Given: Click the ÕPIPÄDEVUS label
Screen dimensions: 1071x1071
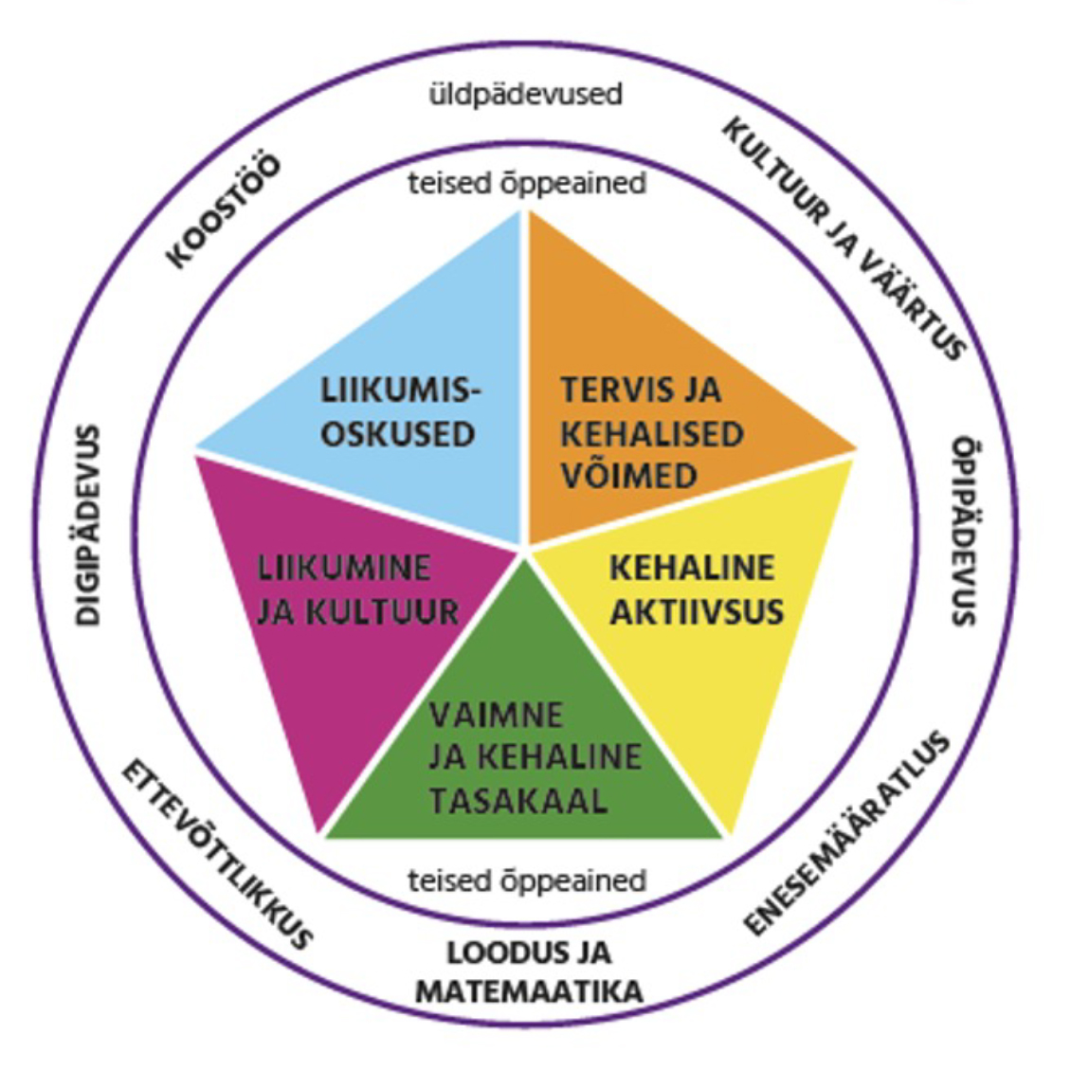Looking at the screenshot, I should point(963,530).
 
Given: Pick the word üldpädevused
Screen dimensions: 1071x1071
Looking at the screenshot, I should point(525,95).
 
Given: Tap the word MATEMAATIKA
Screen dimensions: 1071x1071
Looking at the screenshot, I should point(529,992).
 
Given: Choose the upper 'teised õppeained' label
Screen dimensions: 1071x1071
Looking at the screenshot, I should point(527,182).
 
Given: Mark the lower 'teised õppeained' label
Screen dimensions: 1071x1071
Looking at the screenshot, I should point(527,880).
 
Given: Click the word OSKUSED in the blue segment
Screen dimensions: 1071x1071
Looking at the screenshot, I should point(397,434).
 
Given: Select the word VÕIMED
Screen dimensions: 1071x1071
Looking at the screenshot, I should point(628,476).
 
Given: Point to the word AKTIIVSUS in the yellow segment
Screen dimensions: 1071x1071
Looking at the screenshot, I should point(697,611).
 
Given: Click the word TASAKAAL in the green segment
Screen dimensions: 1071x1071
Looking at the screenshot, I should point(517,801).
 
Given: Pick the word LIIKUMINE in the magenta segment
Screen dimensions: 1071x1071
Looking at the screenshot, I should point(344,568).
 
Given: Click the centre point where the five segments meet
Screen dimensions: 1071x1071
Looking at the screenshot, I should point(524,550).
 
